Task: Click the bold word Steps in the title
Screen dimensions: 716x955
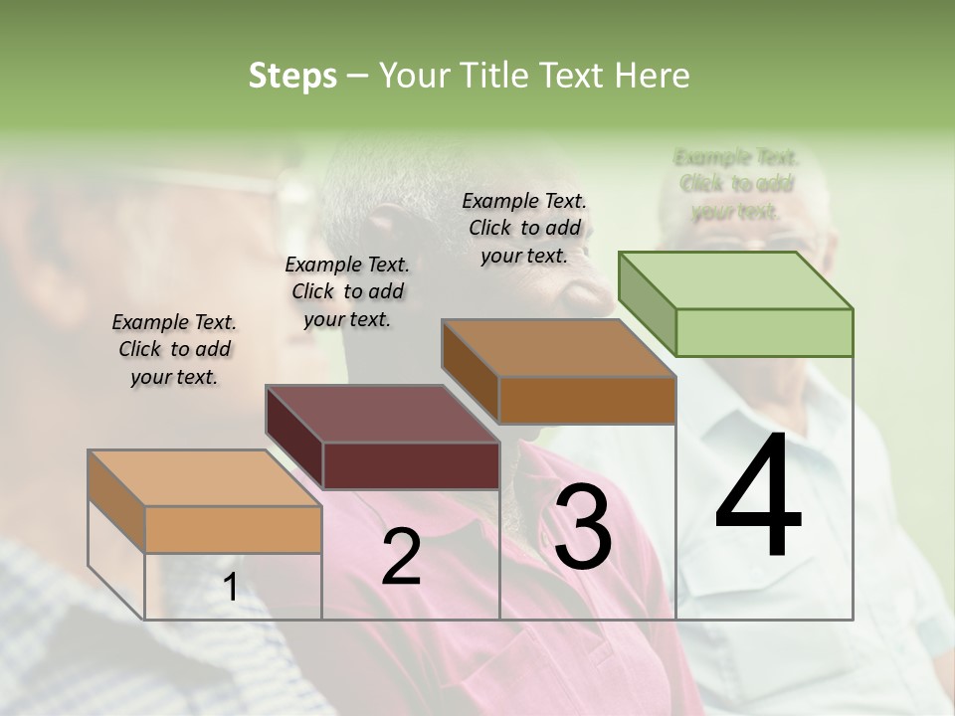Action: (x=292, y=76)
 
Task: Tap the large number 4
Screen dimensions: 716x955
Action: (x=758, y=497)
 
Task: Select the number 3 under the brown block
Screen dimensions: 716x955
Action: (x=583, y=527)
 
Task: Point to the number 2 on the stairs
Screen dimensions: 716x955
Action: (x=401, y=557)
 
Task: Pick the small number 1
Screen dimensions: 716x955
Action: (x=230, y=588)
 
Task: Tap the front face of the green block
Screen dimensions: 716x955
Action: (x=764, y=332)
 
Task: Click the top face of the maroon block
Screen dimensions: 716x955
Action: (x=382, y=414)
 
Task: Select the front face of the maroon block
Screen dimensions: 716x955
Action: (x=411, y=465)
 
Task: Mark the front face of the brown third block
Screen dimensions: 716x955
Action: (x=587, y=400)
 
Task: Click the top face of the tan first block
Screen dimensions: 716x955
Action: (x=205, y=478)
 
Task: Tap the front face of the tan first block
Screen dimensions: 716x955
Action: (x=233, y=529)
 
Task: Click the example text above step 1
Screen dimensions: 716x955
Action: (x=174, y=349)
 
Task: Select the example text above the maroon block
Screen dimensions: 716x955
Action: (x=347, y=291)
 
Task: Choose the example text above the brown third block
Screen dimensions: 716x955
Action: (x=524, y=228)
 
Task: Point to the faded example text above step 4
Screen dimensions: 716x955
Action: (x=736, y=184)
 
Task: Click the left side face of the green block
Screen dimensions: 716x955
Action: (x=647, y=303)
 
